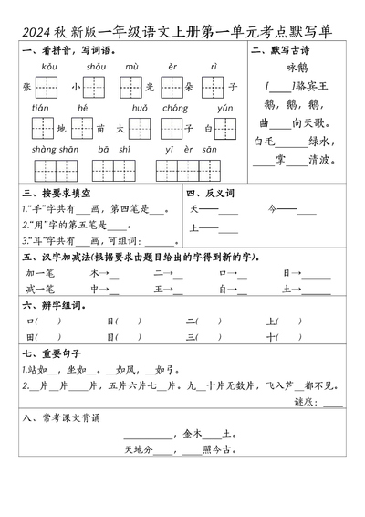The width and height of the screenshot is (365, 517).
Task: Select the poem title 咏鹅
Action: tap(297, 69)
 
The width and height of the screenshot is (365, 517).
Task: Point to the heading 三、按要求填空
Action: tap(56, 195)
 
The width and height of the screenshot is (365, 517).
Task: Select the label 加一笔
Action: tap(40, 272)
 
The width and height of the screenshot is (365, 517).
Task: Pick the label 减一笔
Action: tap(40, 290)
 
